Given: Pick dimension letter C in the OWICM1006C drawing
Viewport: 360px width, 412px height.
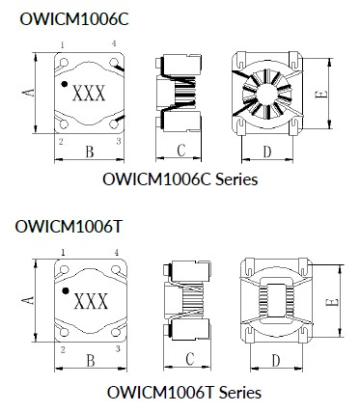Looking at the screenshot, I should (x=180, y=151).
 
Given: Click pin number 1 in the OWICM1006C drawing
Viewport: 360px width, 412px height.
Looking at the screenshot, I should (x=62, y=44).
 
